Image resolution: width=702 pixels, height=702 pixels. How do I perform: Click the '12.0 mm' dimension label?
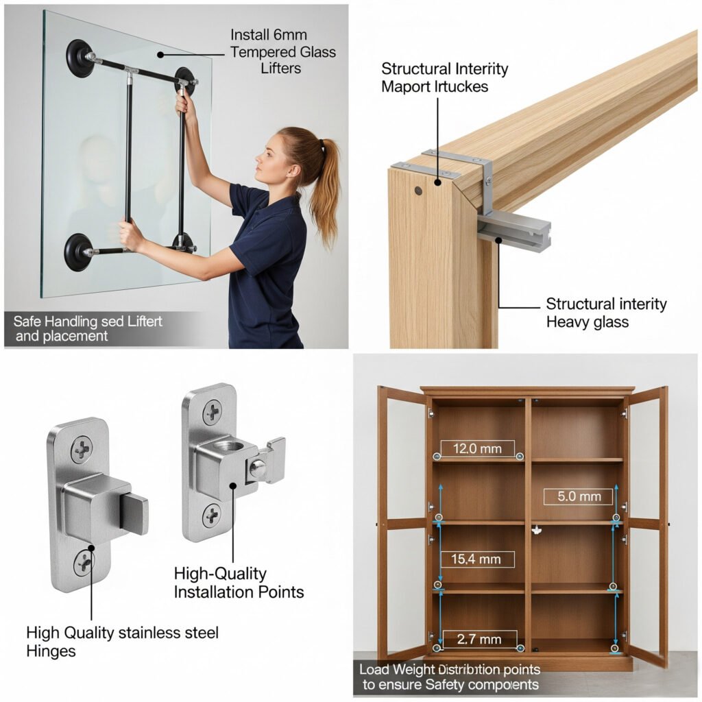pos(477,449)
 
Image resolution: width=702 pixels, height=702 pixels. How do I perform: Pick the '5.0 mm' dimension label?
pos(578,496)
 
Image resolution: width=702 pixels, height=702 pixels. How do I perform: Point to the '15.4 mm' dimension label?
pos(476,559)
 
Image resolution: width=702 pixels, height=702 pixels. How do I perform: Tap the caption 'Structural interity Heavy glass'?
pos(605,312)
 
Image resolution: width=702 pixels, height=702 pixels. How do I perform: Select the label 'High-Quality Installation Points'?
pos(238,582)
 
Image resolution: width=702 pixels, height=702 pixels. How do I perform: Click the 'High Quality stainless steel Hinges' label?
pos(122,640)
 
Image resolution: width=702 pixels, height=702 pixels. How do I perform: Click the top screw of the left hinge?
pos(82,450)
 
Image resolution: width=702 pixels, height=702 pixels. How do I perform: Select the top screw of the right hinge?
pos(212,412)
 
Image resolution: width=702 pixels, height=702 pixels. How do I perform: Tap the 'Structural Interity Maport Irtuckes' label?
pos(445,77)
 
